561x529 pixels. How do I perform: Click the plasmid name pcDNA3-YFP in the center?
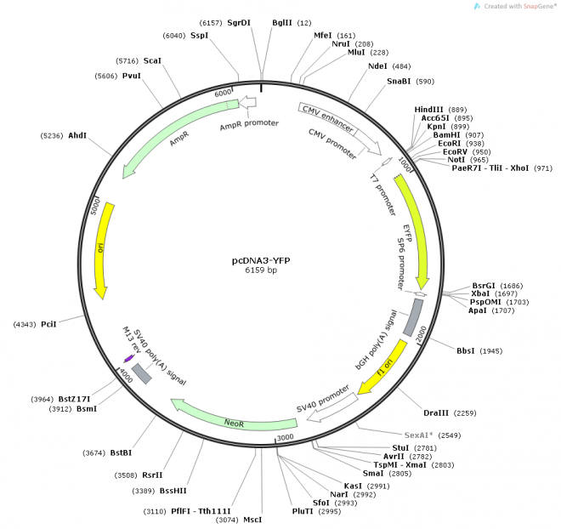click(x=261, y=260)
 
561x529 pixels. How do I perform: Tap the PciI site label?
click(x=48, y=325)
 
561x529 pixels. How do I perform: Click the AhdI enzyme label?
click(x=76, y=136)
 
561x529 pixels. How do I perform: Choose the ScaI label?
click(x=152, y=61)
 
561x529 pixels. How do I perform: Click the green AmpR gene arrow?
click(x=170, y=140)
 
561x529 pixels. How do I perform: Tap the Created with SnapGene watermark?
click(x=513, y=6)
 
